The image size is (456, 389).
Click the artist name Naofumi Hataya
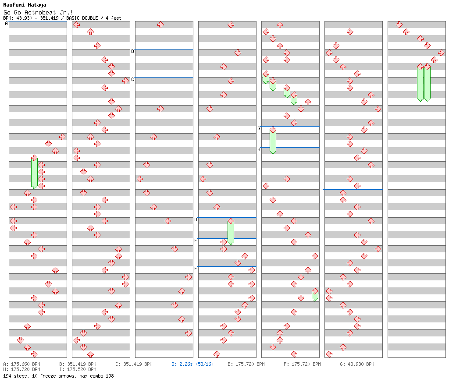25,5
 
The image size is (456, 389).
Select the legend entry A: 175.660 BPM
22,364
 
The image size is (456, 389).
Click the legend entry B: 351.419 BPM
78,364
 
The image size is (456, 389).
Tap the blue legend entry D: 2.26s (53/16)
192,364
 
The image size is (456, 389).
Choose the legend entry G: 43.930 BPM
357,364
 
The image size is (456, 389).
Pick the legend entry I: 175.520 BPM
78,370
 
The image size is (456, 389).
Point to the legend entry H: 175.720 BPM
22,370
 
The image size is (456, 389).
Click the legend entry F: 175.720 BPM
302,364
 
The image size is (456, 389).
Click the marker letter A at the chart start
7,24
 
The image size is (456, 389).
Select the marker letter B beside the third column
132,52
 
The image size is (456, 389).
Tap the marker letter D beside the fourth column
196,220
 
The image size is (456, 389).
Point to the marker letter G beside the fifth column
259,129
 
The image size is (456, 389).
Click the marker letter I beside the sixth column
322,192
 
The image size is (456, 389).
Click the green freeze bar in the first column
34,172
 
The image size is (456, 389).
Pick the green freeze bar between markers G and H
273,141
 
